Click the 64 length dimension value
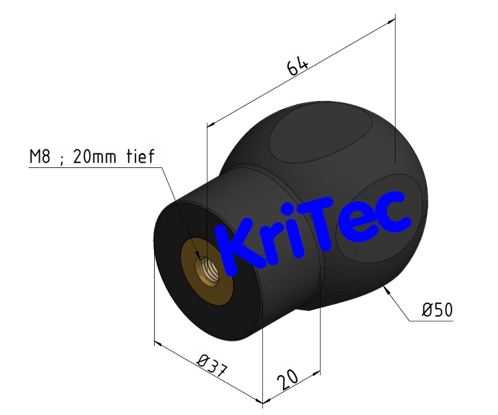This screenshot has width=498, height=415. [x=297, y=67]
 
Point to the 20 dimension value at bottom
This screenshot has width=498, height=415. [x=287, y=380]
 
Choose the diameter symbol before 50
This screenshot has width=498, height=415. [x=428, y=309]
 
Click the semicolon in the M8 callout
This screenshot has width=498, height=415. [x=62, y=158]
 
